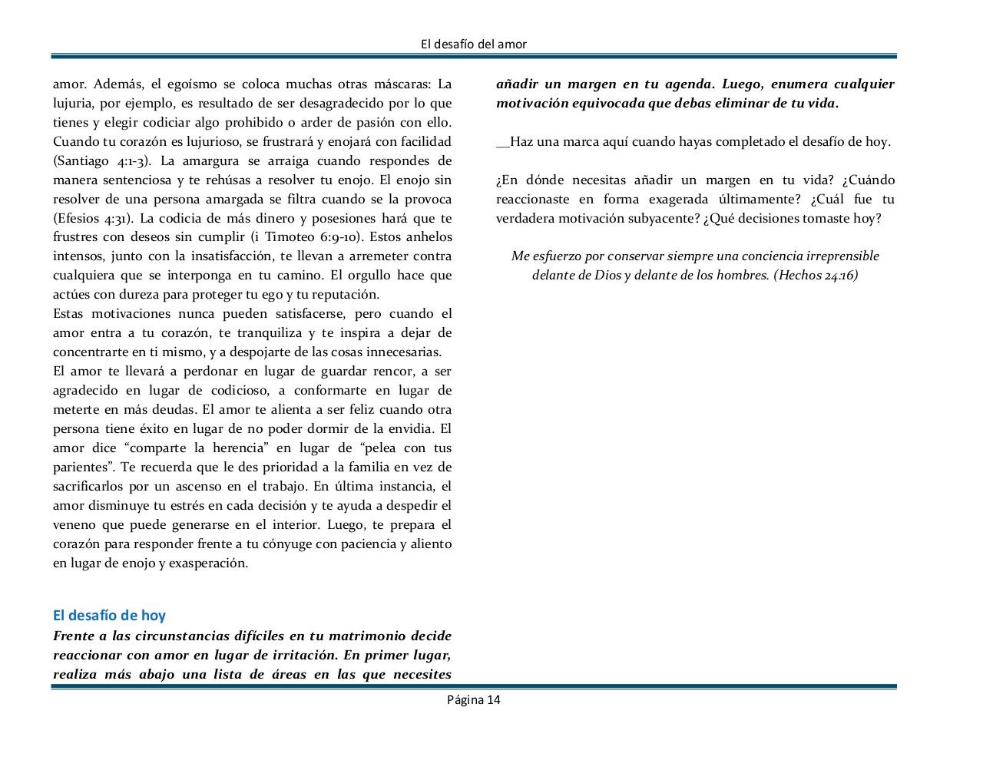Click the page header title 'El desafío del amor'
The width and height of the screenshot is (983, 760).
tap(474, 45)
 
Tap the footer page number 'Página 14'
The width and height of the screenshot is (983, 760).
tap(474, 699)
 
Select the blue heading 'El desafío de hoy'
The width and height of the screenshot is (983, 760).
tap(109, 615)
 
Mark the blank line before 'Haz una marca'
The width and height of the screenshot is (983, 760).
tap(503, 142)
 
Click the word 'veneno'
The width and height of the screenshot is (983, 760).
tap(74, 525)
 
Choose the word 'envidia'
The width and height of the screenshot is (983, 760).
tap(406, 429)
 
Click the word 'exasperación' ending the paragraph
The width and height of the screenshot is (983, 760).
tap(207, 563)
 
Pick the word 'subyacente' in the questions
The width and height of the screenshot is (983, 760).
tap(667, 218)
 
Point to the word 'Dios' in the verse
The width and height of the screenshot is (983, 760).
tap(607, 275)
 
